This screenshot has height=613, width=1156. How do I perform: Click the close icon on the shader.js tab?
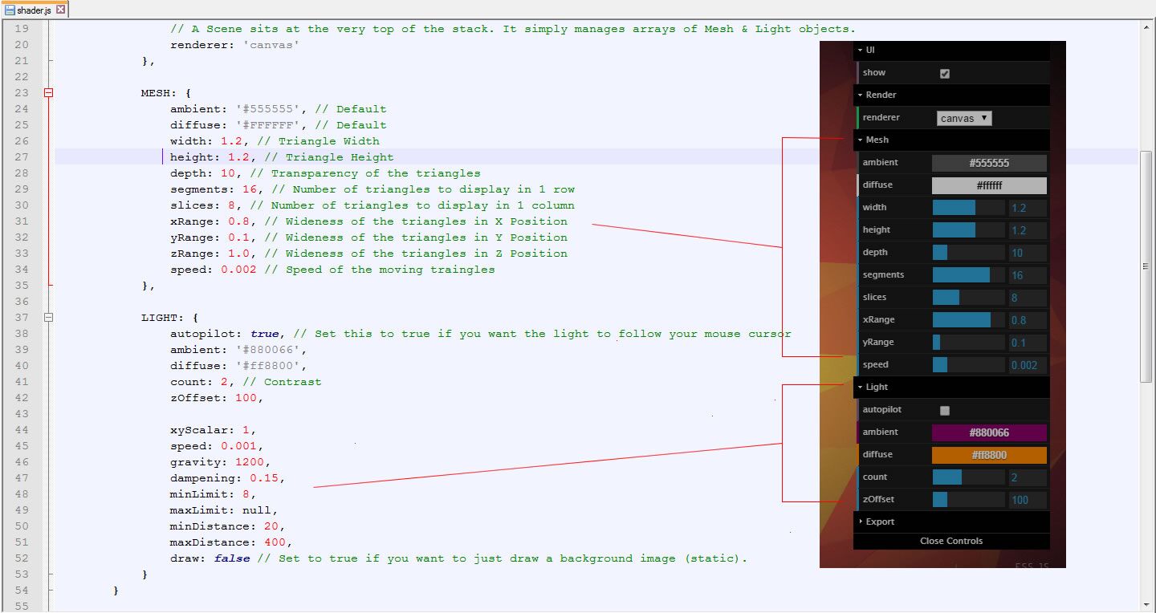point(61,10)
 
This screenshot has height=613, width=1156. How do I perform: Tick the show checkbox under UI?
point(944,73)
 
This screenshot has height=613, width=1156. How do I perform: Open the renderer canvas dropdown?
point(963,118)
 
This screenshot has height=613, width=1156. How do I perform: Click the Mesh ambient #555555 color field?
point(989,163)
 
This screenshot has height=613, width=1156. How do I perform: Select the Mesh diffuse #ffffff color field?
point(989,185)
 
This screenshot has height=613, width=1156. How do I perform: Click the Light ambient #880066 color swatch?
point(989,432)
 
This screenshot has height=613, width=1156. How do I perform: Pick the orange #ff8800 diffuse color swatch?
point(989,455)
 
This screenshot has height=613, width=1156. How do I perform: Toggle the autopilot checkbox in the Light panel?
point(944,410)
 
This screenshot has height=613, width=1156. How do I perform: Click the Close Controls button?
point(951,541)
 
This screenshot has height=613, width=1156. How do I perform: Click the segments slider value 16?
point(1017,275)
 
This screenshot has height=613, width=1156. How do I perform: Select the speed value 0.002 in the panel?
point(1024,365)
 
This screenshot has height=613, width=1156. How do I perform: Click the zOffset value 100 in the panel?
point(1020,500)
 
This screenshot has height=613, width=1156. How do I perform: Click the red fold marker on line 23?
point(48,93)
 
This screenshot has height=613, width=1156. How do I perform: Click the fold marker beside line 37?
point(48,318)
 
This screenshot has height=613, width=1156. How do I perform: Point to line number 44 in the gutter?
point(21,430)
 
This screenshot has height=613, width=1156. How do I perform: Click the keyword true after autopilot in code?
point(264,334)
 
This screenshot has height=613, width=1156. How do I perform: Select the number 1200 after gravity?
point(249,462)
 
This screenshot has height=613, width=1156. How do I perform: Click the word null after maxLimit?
point(257,509)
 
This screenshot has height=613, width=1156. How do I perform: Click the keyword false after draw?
point(232,558)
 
